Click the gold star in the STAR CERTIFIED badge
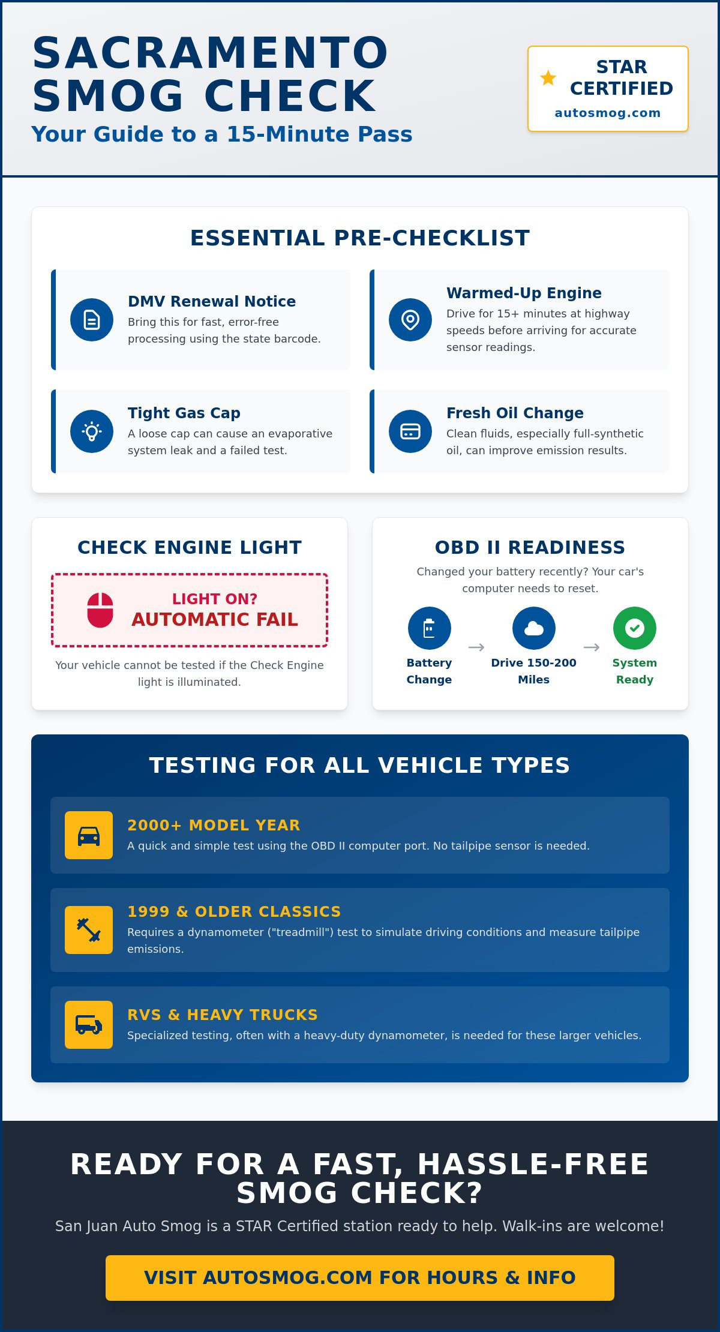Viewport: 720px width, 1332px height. tap(548, 77)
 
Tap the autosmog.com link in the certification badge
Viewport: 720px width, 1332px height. tap(607, 113)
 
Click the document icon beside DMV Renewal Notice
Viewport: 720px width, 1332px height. tap(92, 320)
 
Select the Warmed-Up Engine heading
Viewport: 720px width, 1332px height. tap(524, 293)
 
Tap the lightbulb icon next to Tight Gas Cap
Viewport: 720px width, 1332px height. tap(92, 431)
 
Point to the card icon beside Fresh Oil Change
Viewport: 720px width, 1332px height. tap(410, 431)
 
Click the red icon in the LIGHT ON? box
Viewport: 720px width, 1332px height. tap(100, 610)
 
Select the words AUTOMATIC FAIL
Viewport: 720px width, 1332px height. tap(215, 619)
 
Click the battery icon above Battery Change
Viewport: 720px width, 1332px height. tap(430, 628)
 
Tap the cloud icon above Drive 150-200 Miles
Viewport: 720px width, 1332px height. tap(534, 628)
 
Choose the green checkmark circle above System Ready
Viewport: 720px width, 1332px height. tap(635, 628)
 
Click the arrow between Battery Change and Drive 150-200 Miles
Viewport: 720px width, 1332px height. tap(476, 647)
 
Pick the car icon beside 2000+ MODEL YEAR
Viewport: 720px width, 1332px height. tap(89, 835)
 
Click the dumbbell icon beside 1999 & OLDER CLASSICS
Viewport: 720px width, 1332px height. tap(89, 930)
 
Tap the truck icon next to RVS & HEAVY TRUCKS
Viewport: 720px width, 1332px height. tap(89, 1025)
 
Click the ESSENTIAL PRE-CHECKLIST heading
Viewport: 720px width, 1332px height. tap(360, 238)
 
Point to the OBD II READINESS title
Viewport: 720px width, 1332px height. tap(530, 547)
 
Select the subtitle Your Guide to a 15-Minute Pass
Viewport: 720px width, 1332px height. tap(222, 134)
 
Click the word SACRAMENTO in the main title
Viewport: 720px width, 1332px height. tap(210, 53)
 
